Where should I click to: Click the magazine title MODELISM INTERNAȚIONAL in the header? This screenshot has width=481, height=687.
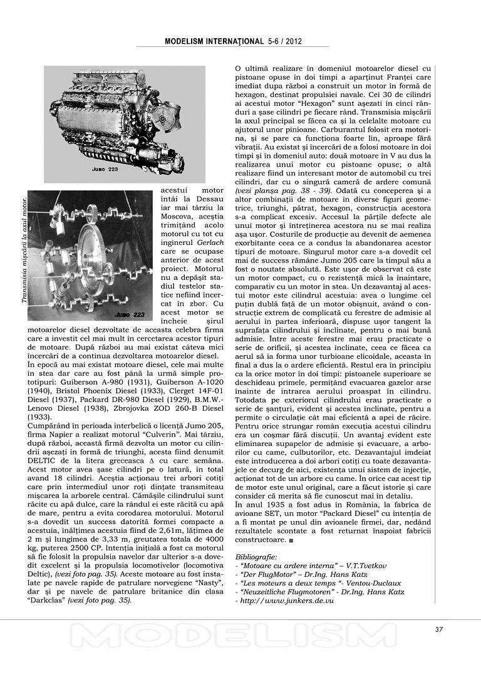click(214, 41)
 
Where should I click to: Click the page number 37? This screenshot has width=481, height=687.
click(439, 629)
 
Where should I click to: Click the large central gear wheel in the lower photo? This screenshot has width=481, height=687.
click(94, 260)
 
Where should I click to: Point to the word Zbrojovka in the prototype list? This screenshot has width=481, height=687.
click(138, 406)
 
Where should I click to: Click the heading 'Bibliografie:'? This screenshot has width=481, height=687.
click(256, 556)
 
